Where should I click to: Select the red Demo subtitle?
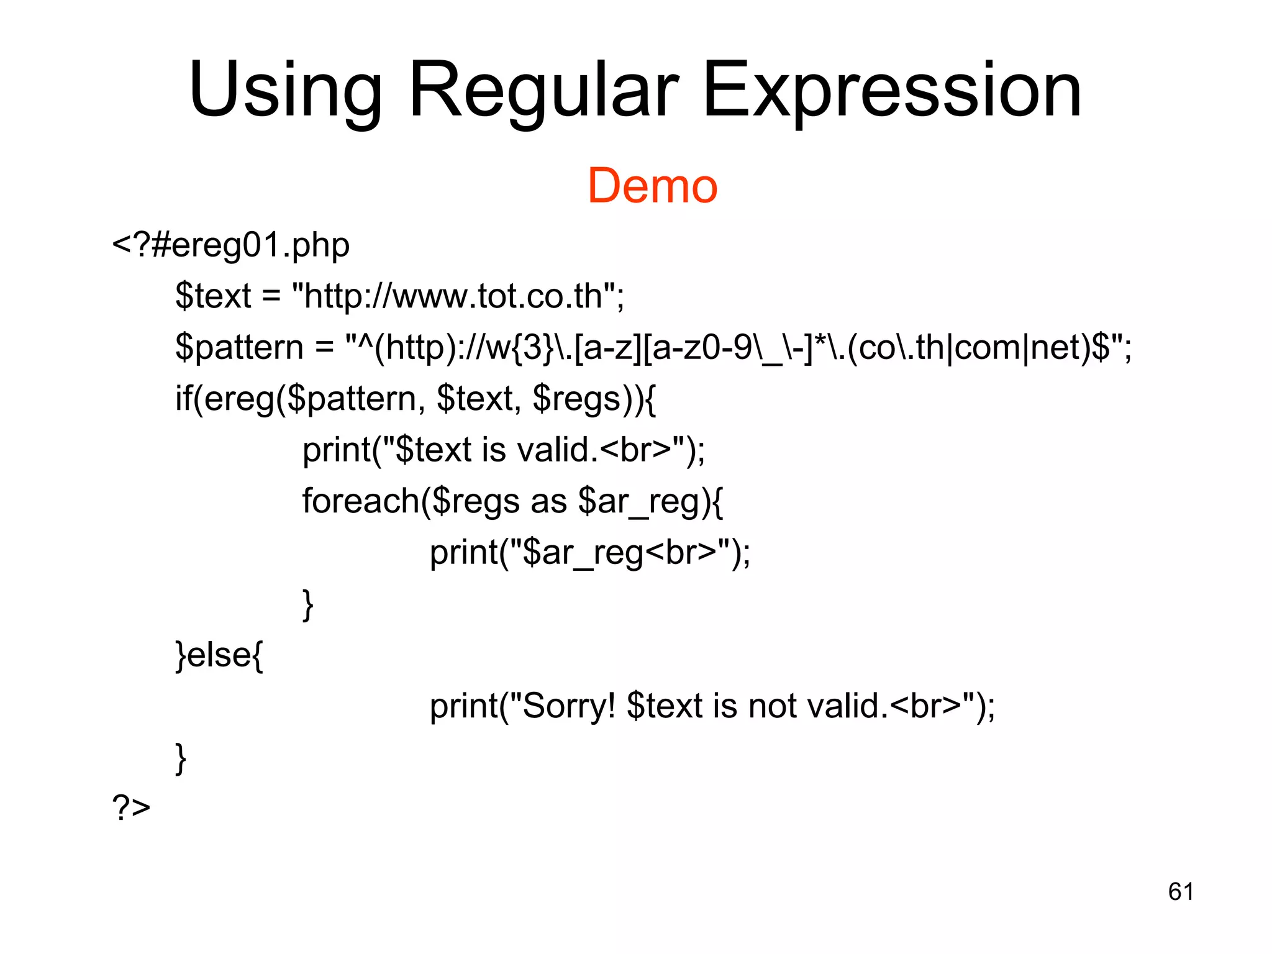click(652, 186)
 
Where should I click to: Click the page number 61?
click(1180, 892)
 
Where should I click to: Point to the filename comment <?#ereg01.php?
click(230, 245)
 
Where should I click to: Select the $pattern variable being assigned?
click(238, 348)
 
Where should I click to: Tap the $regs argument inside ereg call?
click(577, 399)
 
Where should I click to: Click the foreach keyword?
click(361, 501)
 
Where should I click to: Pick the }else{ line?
click(219, 655)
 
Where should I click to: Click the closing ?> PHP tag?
click(131, 807)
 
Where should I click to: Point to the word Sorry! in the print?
click(569, 706)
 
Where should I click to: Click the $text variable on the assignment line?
click(213, 296)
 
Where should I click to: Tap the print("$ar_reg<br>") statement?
click(589, 552)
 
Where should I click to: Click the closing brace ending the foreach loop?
click(307, 604)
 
